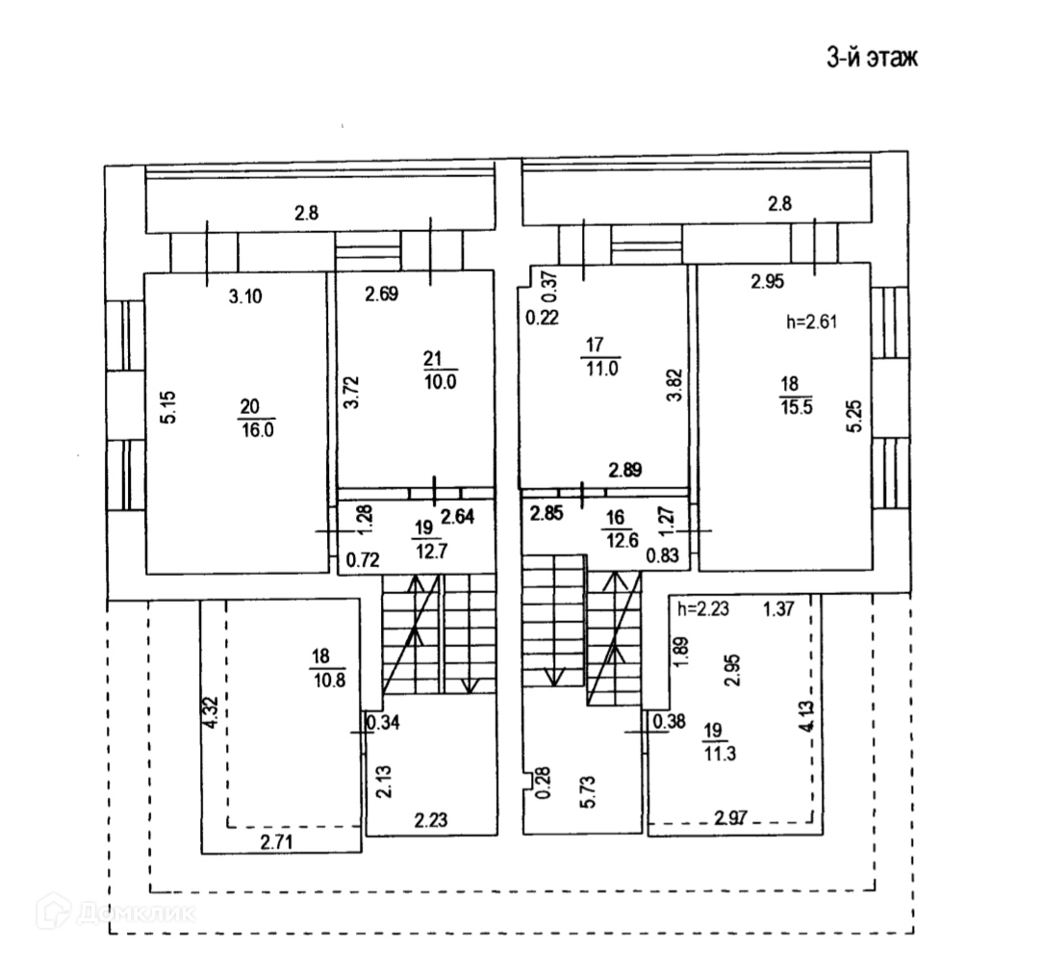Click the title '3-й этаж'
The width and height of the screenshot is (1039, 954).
[872, 57]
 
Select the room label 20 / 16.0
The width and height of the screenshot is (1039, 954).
[257, 419]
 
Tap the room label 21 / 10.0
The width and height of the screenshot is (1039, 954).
[440, 371]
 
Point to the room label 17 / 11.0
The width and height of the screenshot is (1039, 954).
[600, 356]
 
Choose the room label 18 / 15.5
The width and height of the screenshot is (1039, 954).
[796, 395]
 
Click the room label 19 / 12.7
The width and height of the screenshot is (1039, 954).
[430, 539]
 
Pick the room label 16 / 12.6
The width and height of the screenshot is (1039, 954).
[621, 529]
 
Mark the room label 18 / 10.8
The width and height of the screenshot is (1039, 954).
[328, 668]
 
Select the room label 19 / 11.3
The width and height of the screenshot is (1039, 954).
[719, 742]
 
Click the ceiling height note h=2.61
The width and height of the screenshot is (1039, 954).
[812, 322]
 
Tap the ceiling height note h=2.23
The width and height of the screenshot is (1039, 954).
[702, 608]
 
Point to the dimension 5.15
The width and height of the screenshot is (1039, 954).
[169, 407]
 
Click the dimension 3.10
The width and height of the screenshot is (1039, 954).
[245, 297]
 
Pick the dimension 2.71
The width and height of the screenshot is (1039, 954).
[276, 842]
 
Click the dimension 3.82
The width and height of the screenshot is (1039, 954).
[674, 384]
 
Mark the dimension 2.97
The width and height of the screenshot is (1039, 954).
[731, 818]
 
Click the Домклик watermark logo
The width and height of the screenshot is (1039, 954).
[116, 913]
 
